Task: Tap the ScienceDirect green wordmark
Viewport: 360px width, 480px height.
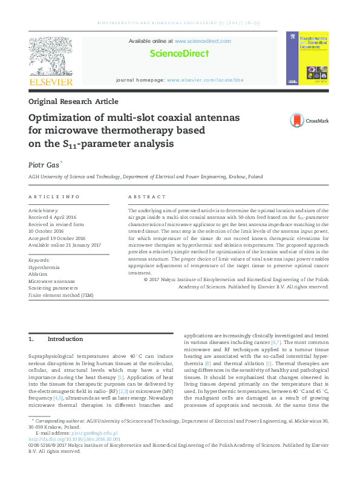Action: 179,54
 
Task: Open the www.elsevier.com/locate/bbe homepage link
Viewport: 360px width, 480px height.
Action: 205,80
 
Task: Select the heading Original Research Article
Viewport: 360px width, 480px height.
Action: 73,102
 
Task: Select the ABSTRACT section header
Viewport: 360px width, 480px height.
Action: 146,197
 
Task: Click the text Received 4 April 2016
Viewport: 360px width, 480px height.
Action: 53,216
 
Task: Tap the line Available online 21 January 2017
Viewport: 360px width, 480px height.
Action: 65,245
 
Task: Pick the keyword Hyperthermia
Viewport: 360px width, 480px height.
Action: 44,267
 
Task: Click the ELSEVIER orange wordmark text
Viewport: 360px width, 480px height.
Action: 51,82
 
